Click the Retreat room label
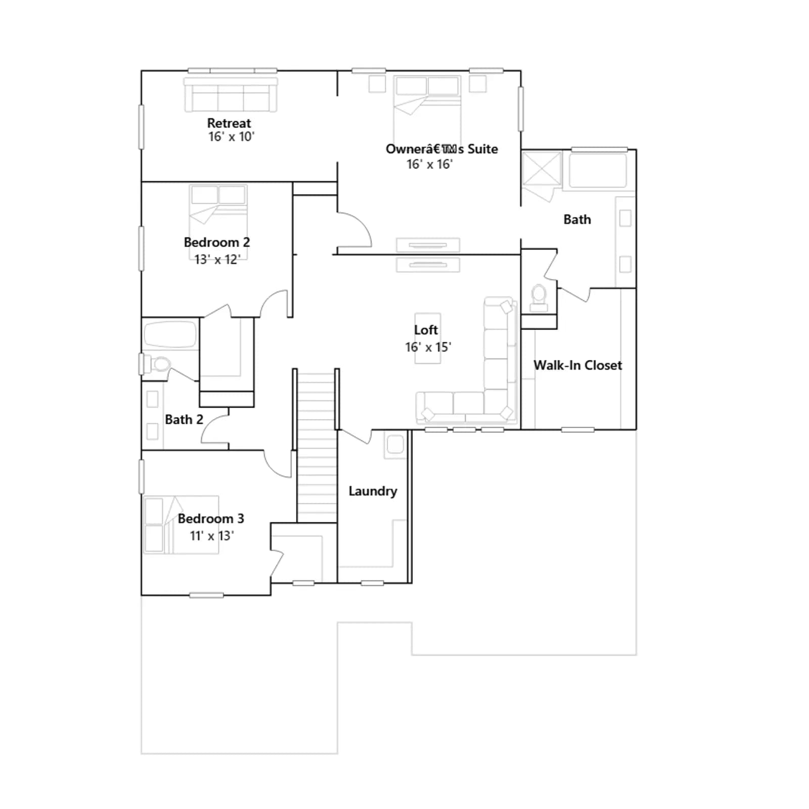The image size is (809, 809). (x=229, y=123)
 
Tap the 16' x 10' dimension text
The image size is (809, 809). (x=231, y=137)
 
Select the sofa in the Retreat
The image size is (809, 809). (x=231, y=95)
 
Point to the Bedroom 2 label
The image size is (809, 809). (x=216, y=242)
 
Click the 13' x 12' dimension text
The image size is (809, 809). (x=217, y=259)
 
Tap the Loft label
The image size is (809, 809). (x=426, y=330)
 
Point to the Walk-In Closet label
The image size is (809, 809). (x=577, y=365)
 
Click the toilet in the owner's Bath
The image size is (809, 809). (x=539, y=298)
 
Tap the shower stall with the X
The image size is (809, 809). (x=542, y=169)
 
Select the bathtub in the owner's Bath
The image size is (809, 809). (x=598, y=170)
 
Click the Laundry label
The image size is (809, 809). (x=373, y=491)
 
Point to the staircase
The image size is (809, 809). (x=317, y=447)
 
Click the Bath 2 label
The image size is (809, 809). (x=184, y=420)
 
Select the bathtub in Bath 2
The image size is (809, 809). (x=170, y=334)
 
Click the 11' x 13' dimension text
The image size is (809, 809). (x=212, y=536)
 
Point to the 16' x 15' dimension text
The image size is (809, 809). (x=428, y=347)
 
